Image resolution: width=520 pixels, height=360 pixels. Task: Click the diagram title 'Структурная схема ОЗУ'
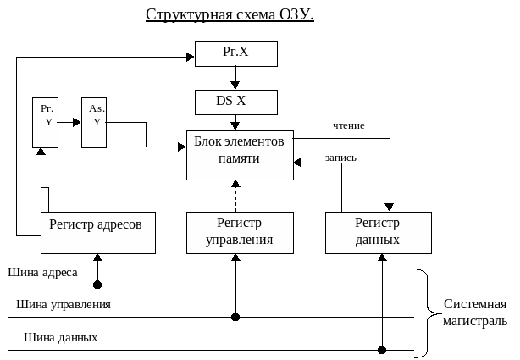tap(230, 14)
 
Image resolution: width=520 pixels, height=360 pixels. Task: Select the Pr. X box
tap(235, 53)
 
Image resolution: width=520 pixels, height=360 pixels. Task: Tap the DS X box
tap(235, 102)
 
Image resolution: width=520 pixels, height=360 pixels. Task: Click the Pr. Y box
tap(47, 123)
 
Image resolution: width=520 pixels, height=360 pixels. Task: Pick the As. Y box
tap(96, 123)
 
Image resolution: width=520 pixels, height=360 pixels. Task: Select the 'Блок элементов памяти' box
tap(240, 155)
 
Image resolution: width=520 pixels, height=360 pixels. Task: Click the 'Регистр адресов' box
tap(98, 232)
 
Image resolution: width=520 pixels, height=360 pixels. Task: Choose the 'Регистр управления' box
tap(240, 232)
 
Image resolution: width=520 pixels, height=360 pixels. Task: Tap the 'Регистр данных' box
tap(378, 232)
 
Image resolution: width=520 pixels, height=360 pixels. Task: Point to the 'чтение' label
tap(349, 126)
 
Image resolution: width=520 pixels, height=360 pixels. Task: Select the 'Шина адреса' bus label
tap(43, 273)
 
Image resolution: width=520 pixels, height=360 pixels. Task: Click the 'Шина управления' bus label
tap(63, 304)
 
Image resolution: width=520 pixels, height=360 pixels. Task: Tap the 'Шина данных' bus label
tap(61, 337)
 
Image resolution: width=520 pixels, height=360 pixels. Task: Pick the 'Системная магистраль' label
tap(475, 313)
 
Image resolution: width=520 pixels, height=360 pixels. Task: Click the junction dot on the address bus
tap(98, 285)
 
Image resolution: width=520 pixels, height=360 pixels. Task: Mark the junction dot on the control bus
tap(235, 317)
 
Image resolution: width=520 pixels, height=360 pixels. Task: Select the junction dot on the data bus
tap(382, 349)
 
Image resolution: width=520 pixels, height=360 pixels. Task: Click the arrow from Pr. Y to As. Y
tap(71, 123)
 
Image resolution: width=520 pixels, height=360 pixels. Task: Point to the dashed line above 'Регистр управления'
tap(235, 196)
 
